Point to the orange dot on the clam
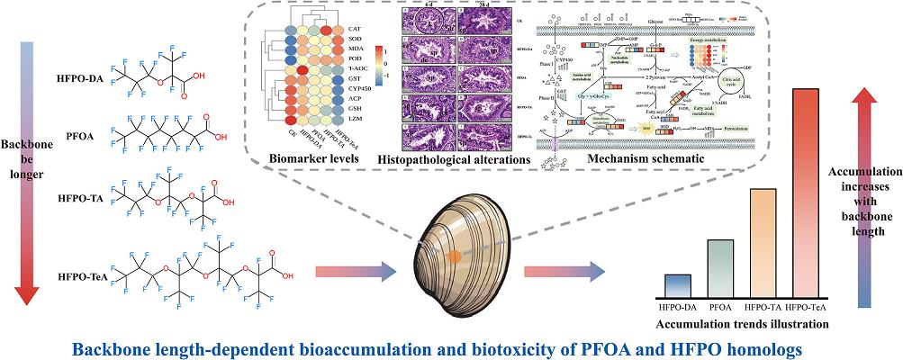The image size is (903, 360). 456,256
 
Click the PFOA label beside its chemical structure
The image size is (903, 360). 86,136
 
